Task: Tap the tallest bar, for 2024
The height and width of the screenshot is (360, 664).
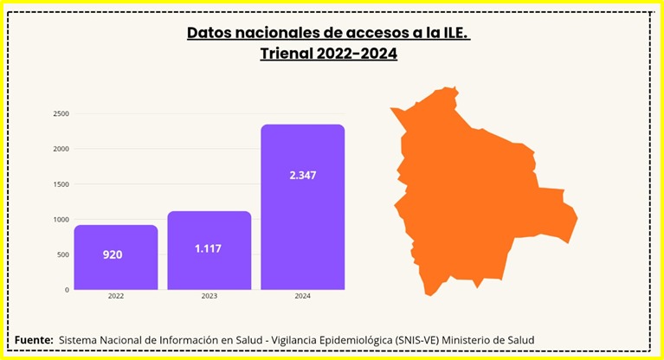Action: click(303, 207)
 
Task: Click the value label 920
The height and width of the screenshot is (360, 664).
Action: click(113, 254)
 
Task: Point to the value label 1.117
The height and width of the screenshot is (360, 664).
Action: click(209, 248)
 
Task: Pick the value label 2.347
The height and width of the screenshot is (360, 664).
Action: click(303, 175)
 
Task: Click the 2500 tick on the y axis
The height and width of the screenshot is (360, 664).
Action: click(61, 113)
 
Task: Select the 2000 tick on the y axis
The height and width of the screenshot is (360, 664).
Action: click(61, 149)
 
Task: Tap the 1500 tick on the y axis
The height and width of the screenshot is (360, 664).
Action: click(61, 184)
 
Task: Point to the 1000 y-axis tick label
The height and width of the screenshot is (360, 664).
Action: click(61, 220)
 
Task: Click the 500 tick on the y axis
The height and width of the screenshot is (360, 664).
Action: click(63, 254)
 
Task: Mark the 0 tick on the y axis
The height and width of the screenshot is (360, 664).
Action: click(67, 290)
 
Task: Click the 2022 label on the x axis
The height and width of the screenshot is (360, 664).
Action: click(115, 297)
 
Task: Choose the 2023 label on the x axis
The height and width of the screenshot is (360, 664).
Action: click(209, 297)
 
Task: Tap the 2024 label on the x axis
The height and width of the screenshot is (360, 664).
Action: click(303, 297)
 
